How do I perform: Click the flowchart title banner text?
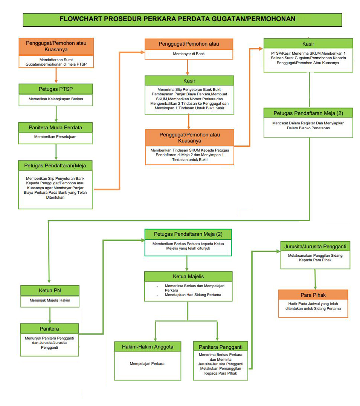pyautogui.click(x=177, y=19)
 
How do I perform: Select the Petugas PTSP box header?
pyautogui.click(x=56, y=89)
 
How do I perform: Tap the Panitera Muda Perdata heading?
pyautogui.click(x=55, y=127)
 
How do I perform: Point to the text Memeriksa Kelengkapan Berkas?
pyautogui.click(x=56, y=99)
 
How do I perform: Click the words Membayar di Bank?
pyautogui.click(x=189, y=54)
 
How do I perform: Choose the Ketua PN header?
pyautogui.click(x=50, y=291)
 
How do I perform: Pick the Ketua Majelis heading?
pyautogui.click(x=188, y=277)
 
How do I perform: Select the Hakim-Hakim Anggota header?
pyautogui.click(x=148, y=347)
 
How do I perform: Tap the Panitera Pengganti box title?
pyautogui.click(x=221, y=347)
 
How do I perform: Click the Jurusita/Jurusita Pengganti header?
pyautogui.click(x=315, y=247)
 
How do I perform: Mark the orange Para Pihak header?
pyautogui.click(x=313, y=295)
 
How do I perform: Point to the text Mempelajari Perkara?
pyautogui.click(x=148, y=363)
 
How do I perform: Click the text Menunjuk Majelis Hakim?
pyautogui.click(x=50, y=300)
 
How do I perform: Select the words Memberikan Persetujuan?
pyautogui.click(x=55, y=137)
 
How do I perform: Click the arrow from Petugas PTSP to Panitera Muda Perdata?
pyautogui.click(x=56, y=114)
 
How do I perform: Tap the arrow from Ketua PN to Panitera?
pyautogui.click(x=50, y=315)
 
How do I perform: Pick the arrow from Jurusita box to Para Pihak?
pyautogui.click(x=315, y=279)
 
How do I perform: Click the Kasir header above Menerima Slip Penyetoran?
pyautogui.click(x=189, y=81)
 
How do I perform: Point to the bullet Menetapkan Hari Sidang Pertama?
pyautogui.click(x=193, y=295)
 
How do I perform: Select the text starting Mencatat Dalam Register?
pyautogui.click(x=308, y=126)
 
